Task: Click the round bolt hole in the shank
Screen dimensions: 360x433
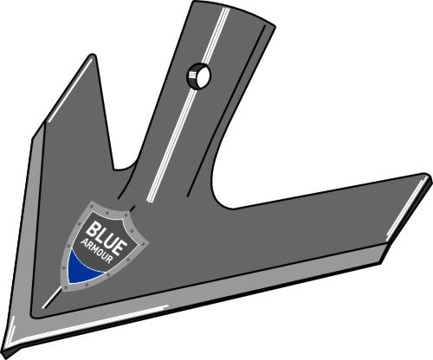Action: (199, 78)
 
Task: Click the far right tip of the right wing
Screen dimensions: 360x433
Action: (427, 178)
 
